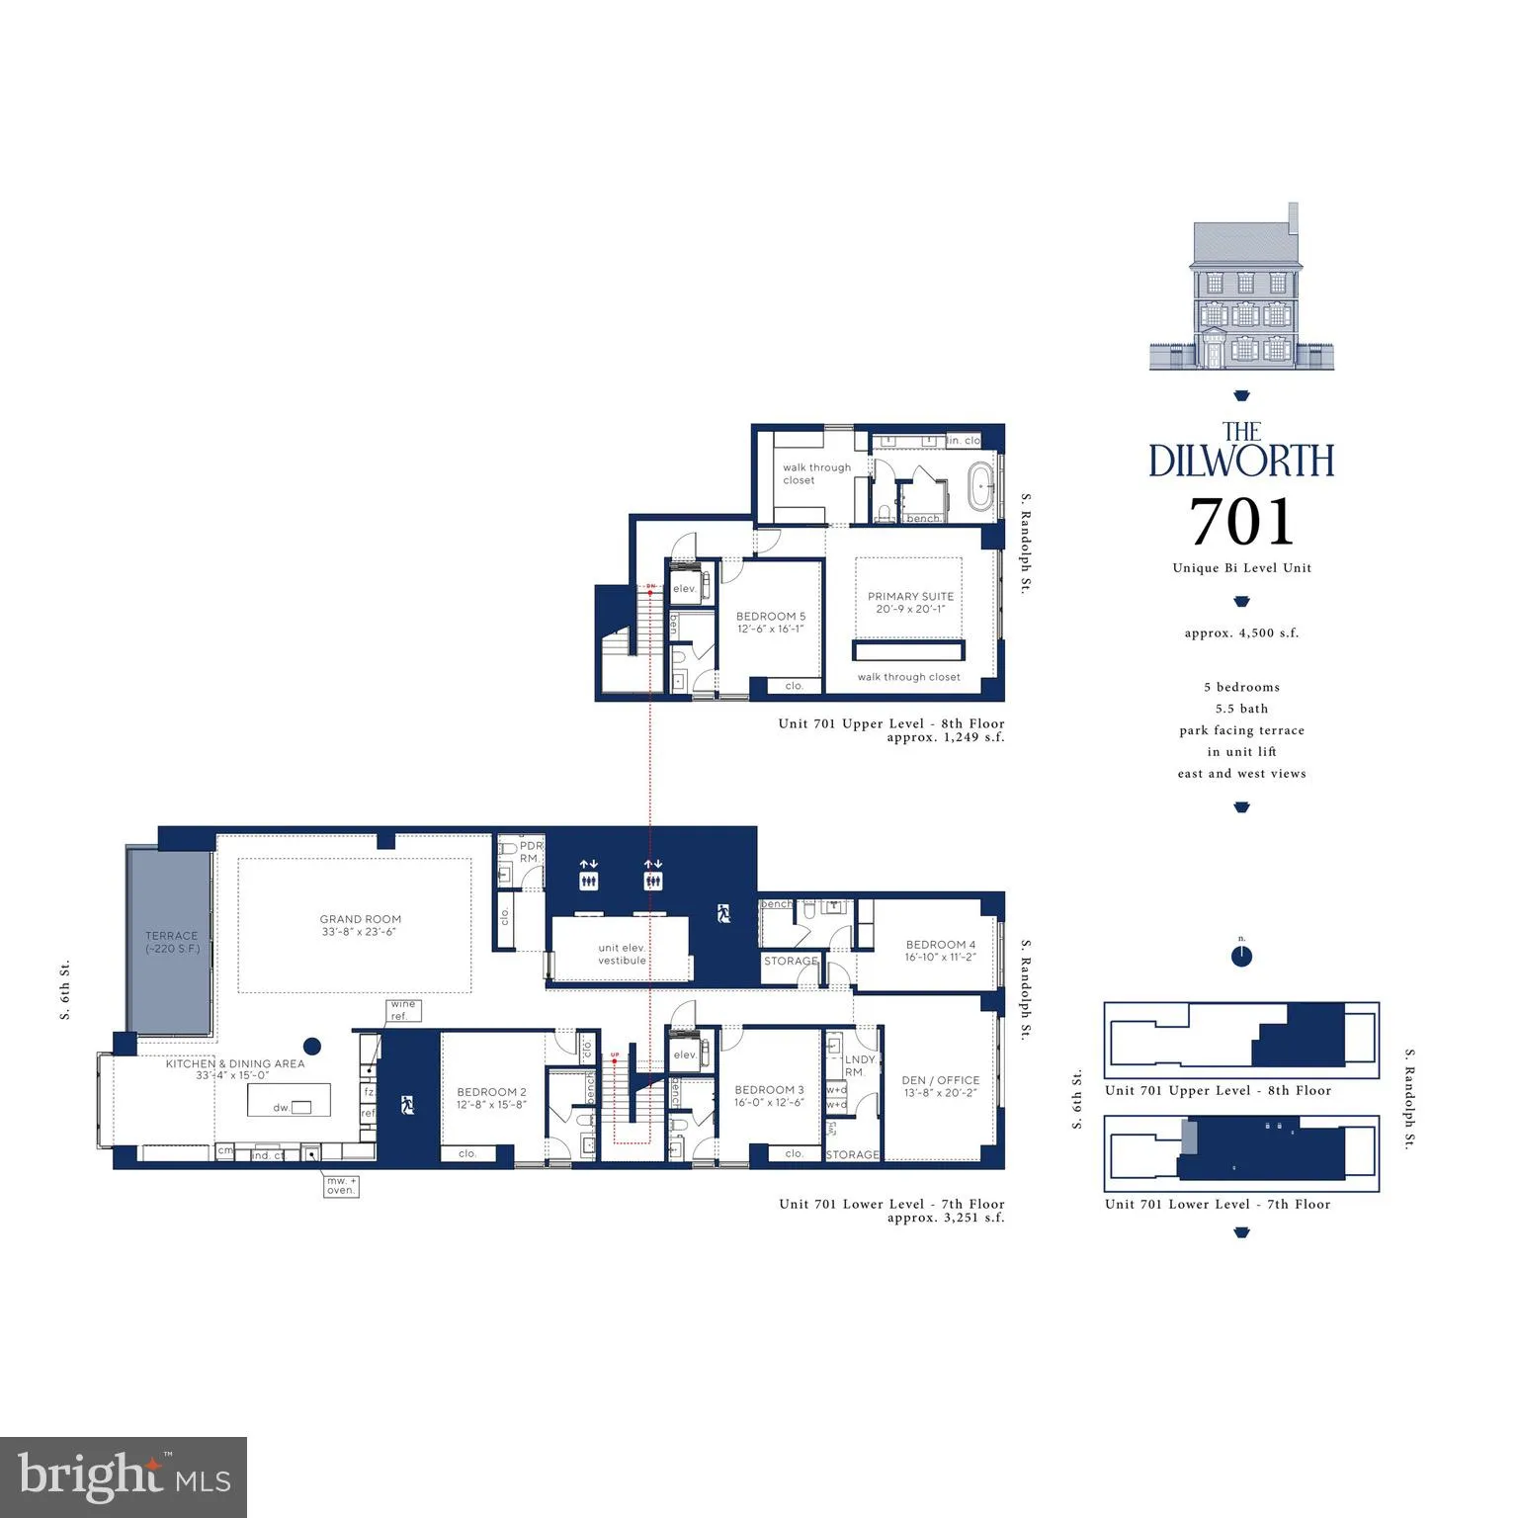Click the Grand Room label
coord(360,925)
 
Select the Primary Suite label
coord(910,602)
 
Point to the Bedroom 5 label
coord(770,622)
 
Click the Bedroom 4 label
coord(940,950)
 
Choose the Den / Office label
coord(940,1086)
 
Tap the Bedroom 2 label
coord(491,1098)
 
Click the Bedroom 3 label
coord(769,1095)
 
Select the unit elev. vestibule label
coord(622,954)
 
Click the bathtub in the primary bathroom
coord(982,488)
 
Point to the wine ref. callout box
coord(403,1010)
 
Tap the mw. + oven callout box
coord(341,1185)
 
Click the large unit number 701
coord(1241,522)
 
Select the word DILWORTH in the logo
coord(1241,461)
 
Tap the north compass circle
coord(1242,957)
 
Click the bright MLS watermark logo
coord(124,1476)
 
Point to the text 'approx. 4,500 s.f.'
coord(1241,632)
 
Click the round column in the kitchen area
coord(312,1046)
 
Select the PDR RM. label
coord(531,852)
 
